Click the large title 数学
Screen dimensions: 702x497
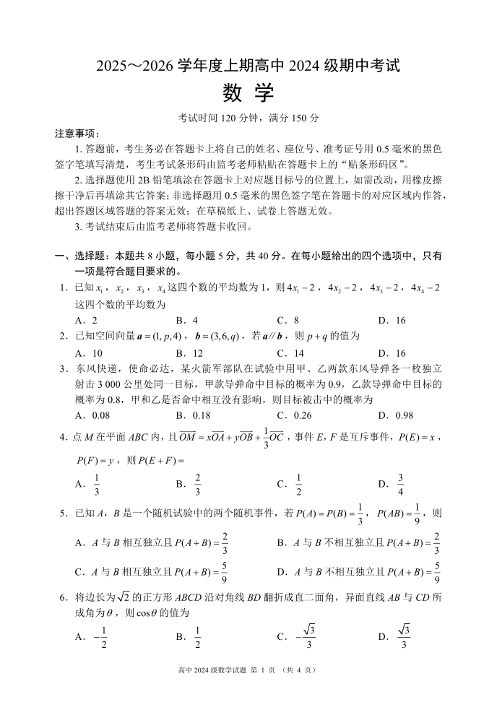pos(248,92)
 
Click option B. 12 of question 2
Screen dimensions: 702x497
pos(189,353)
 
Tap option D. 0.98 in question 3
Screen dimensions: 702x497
pos(394,415)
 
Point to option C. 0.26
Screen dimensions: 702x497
pos(293,415)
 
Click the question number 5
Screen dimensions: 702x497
pos(64,513)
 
